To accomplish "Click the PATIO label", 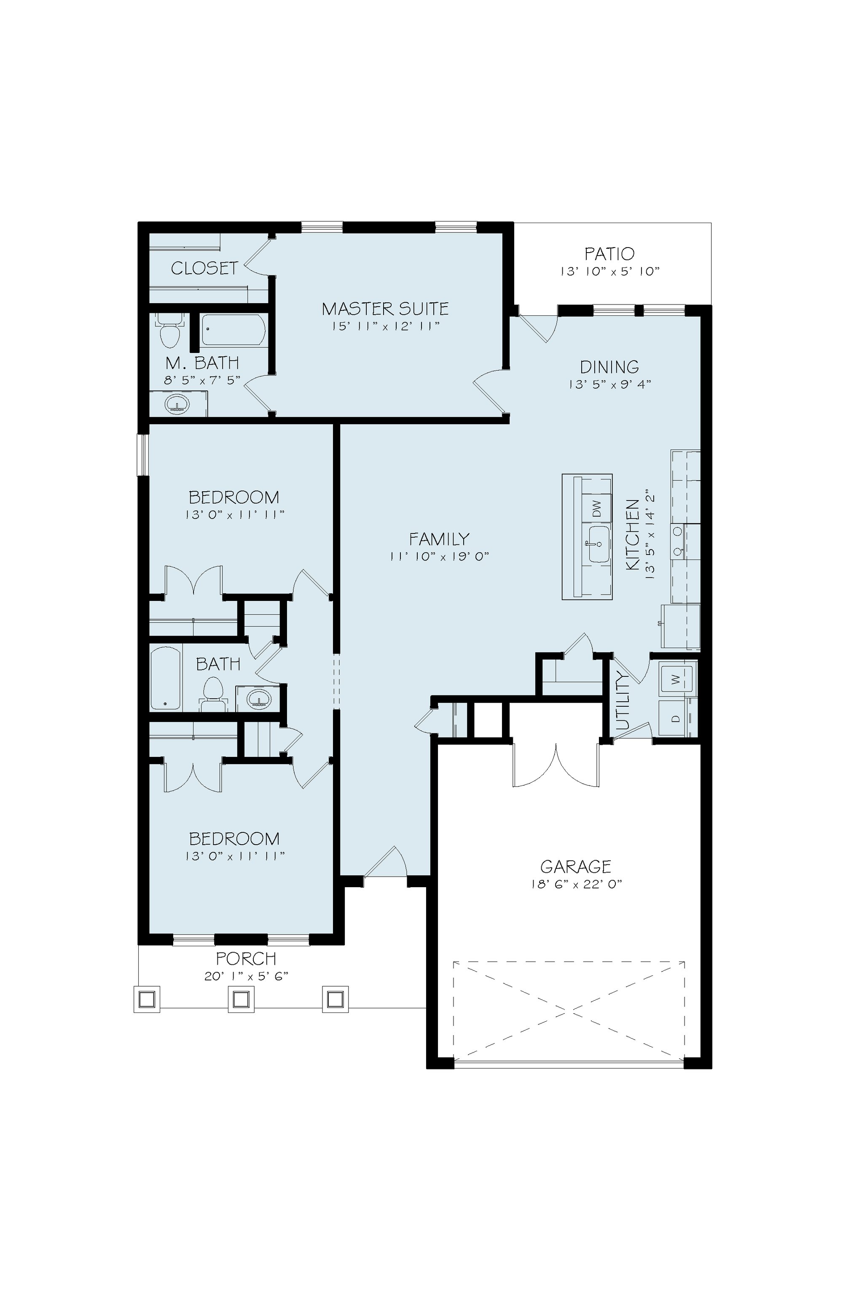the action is click(609, 254).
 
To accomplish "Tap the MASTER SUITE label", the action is click(385, 309).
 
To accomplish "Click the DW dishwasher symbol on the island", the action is click(597, 509).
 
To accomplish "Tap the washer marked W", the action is click(676, 679).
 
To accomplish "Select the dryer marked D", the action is click(676, 718).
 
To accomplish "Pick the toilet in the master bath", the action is click(168, 330).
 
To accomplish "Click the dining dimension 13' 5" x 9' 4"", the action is click(609, 384).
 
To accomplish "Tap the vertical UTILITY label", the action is click(623, 703).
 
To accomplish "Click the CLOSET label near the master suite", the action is click(204, 268).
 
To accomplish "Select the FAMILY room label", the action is click(439, 539).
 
